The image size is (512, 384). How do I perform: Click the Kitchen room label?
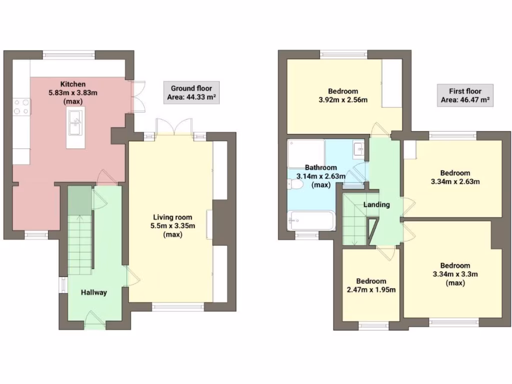coord(73,84)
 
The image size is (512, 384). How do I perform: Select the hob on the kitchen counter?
coord(21,107)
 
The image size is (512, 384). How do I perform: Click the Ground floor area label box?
coord(191,93)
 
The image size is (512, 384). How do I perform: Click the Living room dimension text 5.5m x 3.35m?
coord(173,226)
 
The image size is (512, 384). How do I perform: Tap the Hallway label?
coord(94,292)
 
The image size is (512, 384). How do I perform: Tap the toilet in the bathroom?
coord(295,185)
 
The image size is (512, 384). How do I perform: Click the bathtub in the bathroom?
coord(311,220)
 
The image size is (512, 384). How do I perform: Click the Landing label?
coord(376,204)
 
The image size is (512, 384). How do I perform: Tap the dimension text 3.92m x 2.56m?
coord(343,99)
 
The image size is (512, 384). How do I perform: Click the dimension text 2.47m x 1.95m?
coord(371,289)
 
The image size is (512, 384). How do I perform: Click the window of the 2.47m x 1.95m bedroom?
coord(373,325)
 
